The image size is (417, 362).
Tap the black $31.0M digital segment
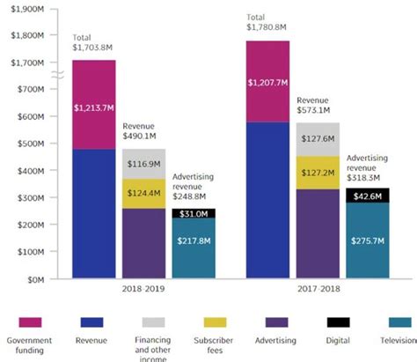(x=194, y=213)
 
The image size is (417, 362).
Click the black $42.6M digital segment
(x=369, y=196)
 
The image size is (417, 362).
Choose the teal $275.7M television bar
(x=369, y=240)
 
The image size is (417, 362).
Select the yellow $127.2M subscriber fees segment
(x=318, y=172)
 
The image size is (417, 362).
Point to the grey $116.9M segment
(x=143, y=164)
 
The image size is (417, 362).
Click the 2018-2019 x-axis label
(x=143, y=287)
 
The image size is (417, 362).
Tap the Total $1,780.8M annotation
(x=267, y=22)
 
